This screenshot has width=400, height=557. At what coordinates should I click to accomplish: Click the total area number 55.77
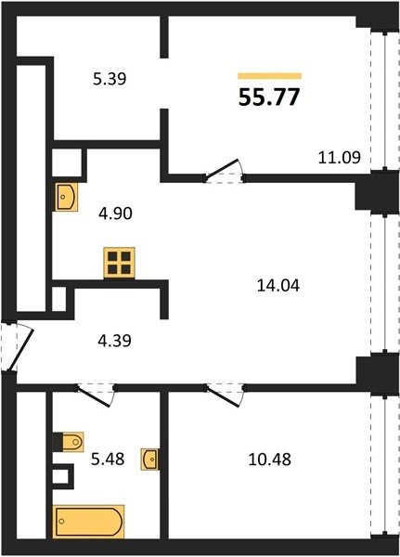pos(269,97)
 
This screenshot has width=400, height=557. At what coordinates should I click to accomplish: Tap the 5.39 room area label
pos(110,79)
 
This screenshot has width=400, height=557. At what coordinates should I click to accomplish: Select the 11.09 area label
pos(340,157)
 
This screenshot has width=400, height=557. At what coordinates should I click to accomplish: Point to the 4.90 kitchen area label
pos(115,214)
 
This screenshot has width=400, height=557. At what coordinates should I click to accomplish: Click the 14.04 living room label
pos(278,286)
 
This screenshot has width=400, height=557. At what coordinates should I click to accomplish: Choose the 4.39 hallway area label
pos(114,341)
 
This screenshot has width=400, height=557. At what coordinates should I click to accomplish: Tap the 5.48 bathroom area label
pos(108,459)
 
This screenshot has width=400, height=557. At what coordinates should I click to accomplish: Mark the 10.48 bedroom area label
pos(270,459)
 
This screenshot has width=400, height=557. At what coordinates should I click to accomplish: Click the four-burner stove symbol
pos(120,263)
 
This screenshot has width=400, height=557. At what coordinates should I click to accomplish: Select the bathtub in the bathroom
pos(89,522)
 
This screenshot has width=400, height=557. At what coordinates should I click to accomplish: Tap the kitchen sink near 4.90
pos(67,197)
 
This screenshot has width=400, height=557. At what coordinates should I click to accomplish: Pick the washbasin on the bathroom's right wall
pos(150,460)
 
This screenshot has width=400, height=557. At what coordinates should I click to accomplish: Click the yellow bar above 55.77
pos(270,76)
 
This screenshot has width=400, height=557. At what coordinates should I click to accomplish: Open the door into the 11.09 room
pos(223,170)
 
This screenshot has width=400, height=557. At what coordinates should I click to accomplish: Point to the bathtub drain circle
pos(62,521)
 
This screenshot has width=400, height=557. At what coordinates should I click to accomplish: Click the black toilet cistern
pos(58,442)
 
